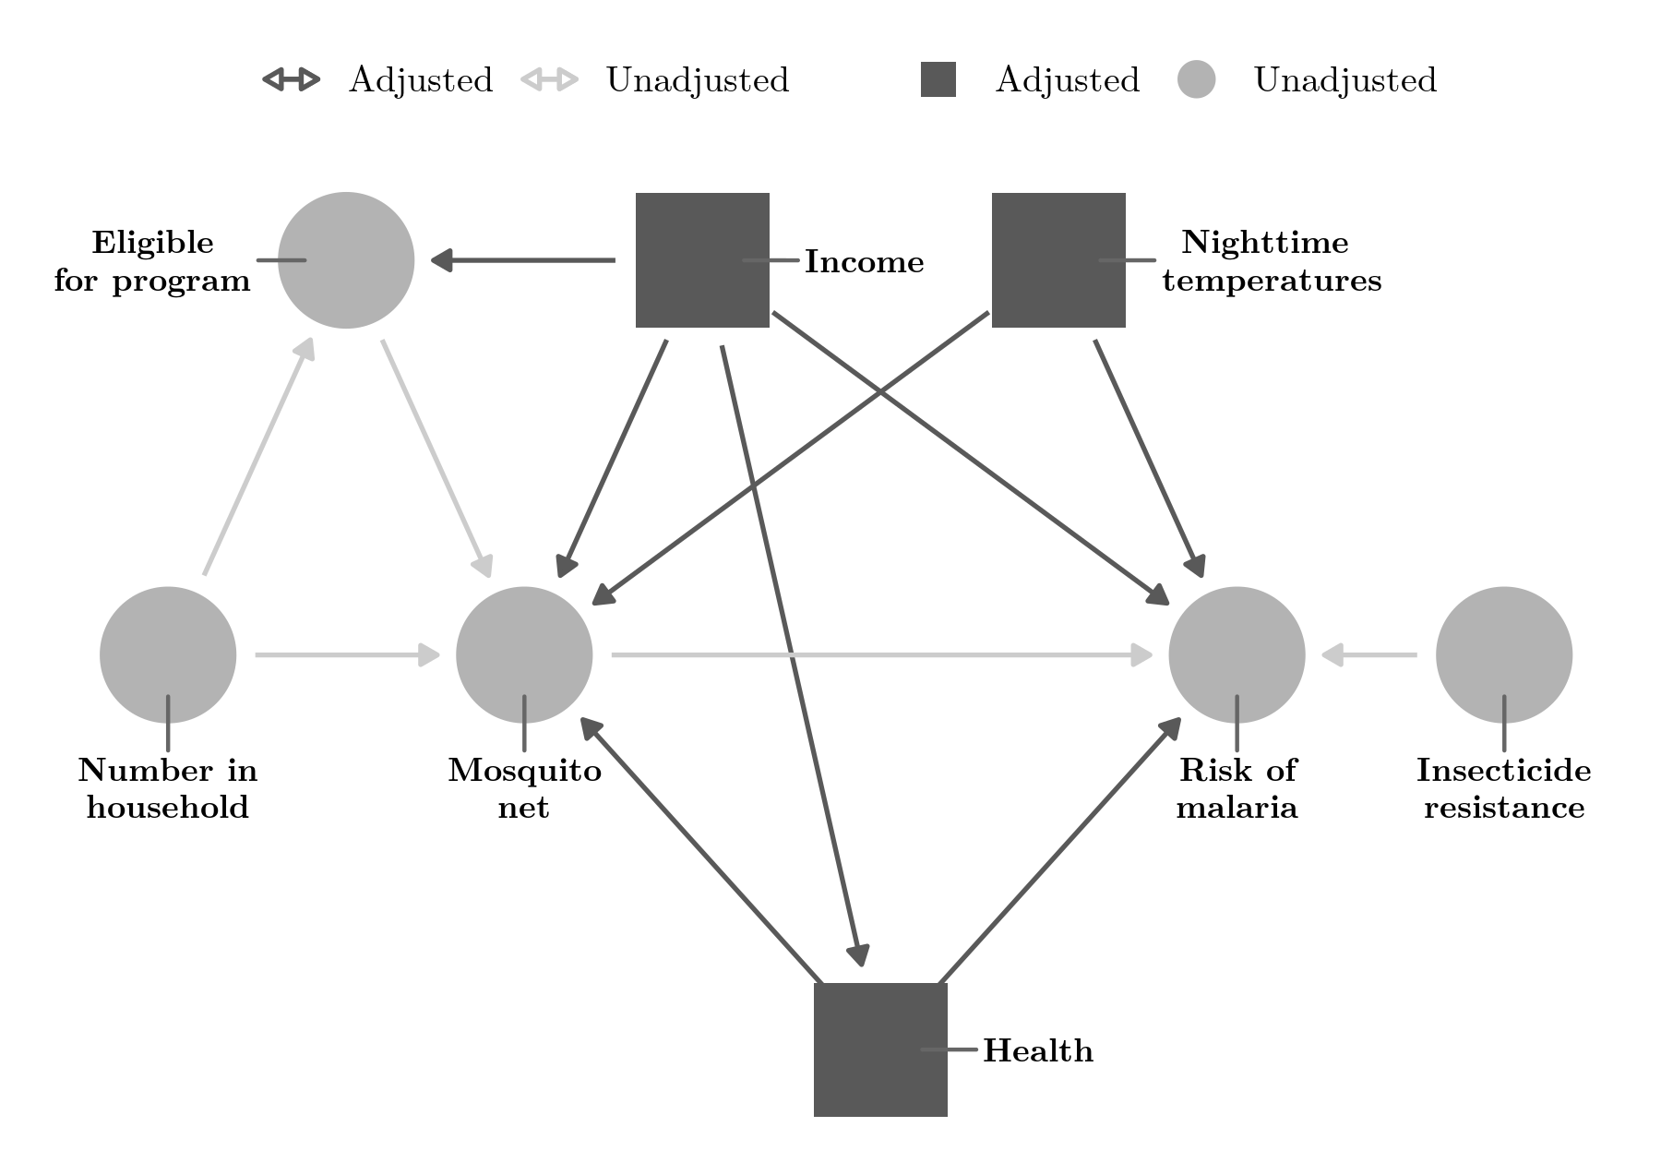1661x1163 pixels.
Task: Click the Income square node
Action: coord(702,260)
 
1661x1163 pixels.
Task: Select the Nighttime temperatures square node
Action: coord(1058,260)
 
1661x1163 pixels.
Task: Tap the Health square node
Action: coord(880,1049)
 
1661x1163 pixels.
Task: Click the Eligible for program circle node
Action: coord(346,260)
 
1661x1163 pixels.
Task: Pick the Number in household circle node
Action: coord(168,655)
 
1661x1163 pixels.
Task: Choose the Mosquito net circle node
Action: coord(524,655)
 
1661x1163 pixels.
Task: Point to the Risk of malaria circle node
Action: coord(1237,655)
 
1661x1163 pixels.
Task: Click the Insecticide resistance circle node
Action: coord(1504,655)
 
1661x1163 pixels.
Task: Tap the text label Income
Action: coord(864,262)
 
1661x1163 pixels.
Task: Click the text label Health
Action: coord(1038,1051)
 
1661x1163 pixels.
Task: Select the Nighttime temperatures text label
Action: coord(1272,261)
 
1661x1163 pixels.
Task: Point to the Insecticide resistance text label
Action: coord(1504,788)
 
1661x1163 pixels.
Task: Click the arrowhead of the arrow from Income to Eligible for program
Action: coord(441,260)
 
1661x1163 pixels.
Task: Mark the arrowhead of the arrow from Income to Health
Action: coord(860,955)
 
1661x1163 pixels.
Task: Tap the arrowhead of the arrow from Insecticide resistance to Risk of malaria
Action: coord(1332,655)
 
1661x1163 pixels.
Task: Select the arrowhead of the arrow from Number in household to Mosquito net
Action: coord(430,655)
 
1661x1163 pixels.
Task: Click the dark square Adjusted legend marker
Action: coord(938,80)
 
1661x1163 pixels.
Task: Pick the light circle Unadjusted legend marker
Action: coord(1196,80)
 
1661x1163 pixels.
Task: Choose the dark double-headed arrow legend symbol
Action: coord(291,80)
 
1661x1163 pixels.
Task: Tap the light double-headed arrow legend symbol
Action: coord(549,80)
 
